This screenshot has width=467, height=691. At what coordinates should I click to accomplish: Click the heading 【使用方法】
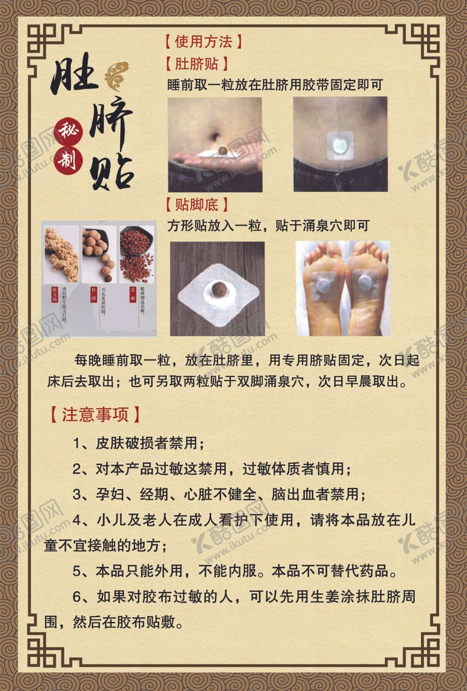coord(203,42)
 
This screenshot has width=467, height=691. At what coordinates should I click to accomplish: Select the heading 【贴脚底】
coord(196,204)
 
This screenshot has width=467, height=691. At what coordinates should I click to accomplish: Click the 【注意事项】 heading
coord(95,415)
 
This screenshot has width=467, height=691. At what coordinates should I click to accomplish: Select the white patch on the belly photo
coord(340,144)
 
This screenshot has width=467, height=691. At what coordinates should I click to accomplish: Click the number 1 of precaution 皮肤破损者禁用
coord(78,444)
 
